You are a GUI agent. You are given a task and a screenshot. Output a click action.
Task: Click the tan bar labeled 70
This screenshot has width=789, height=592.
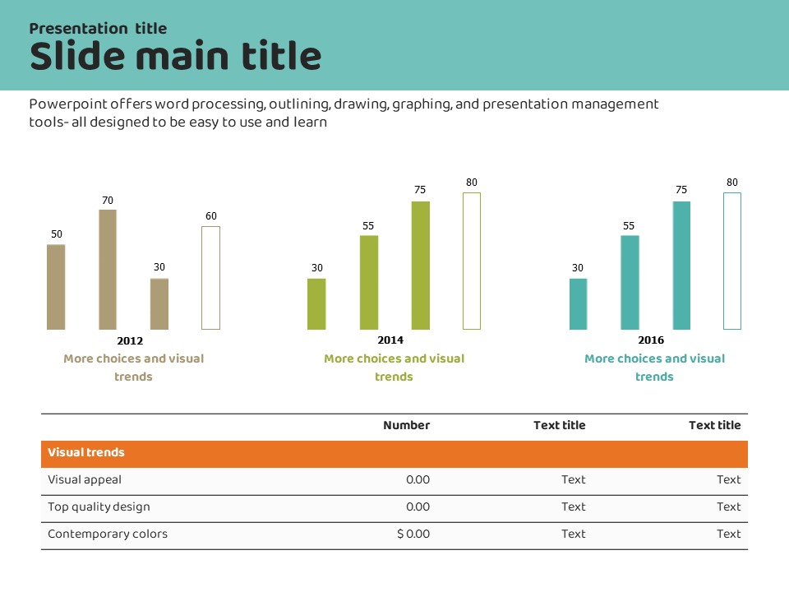click(108, 270)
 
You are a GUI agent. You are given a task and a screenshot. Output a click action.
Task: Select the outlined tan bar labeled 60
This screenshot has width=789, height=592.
click(210, 278)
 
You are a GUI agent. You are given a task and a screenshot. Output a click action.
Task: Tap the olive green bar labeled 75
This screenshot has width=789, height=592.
click(421, 266)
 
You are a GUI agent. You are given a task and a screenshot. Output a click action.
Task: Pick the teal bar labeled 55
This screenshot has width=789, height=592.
click(630, 283)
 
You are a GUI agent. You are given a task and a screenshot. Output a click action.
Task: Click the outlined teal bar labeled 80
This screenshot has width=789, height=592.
click(732, 261)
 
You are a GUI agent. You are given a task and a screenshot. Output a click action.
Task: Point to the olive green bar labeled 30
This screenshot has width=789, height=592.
click(316, 304)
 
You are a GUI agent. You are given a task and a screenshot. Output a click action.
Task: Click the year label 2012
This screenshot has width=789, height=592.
click(130, 340)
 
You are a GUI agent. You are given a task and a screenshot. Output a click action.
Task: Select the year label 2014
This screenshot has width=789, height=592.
click(390, 340)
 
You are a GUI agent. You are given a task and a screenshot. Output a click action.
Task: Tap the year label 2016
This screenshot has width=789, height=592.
click(651, 340)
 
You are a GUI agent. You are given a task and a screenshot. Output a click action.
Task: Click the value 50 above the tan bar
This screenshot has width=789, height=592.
click(56, 234)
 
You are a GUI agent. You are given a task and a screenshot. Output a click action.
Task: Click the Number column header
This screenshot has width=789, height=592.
click(406, 425)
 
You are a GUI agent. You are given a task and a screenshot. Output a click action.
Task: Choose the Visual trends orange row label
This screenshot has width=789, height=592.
click(86, 453)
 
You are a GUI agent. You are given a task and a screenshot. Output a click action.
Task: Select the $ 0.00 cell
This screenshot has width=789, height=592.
click(413, 534)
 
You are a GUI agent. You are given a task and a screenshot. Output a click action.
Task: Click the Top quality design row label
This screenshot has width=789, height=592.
click(99, 506)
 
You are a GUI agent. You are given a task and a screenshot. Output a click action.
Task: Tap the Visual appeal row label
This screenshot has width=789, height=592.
click(85, 479)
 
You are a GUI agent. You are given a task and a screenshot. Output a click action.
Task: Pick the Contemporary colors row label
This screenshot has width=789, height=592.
click(108, 534)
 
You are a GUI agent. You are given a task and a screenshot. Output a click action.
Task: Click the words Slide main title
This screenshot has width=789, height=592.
click(175, 57)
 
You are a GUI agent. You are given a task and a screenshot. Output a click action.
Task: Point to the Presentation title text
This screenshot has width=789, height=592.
click(98, 29)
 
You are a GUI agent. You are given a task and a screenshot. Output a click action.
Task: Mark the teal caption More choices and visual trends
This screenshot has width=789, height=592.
click(654, 368)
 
